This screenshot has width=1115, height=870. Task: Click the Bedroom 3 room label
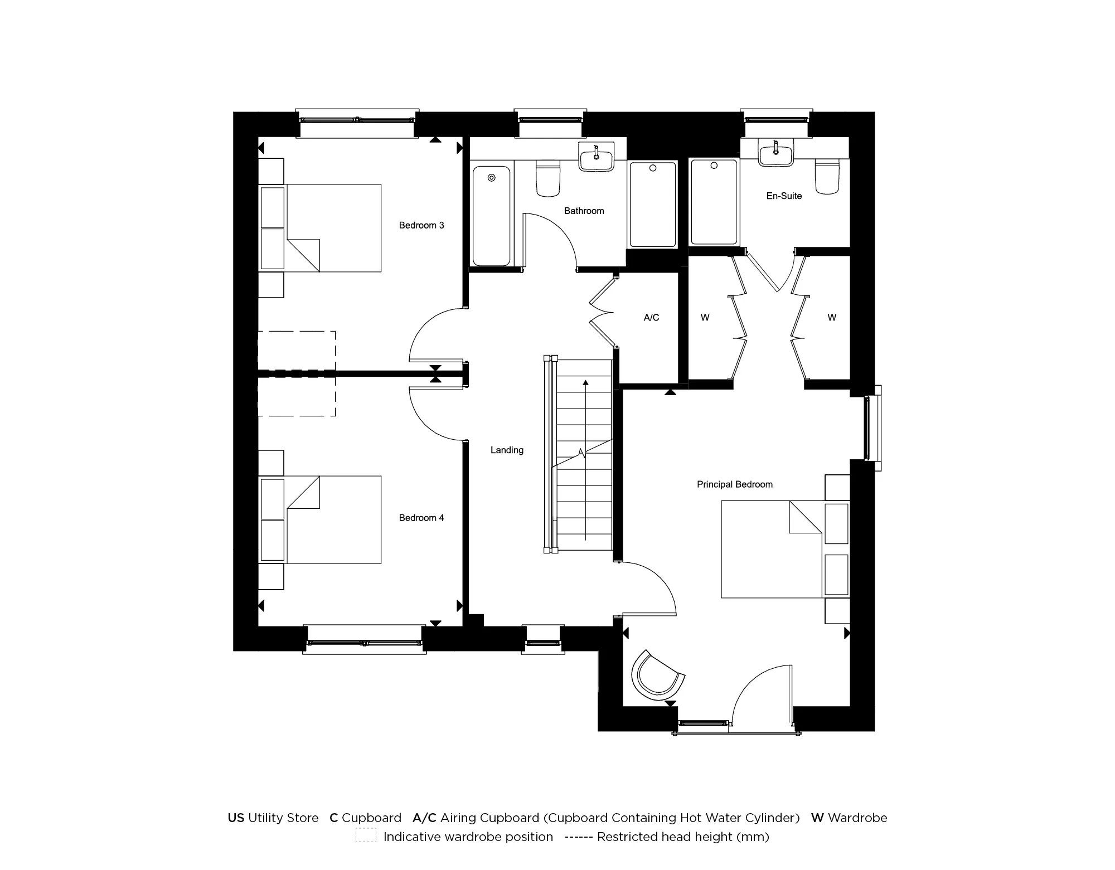421,225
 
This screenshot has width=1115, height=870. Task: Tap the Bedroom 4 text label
421,518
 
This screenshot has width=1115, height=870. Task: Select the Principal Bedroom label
734,484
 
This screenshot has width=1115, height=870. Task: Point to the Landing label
507,450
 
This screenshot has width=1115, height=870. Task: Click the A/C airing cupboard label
651,318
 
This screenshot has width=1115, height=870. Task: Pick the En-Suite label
784,196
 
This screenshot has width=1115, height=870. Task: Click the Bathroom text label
584,211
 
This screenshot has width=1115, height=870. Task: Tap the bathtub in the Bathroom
491,216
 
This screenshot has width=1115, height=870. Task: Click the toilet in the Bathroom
547,178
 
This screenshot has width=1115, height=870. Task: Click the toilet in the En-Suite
827,177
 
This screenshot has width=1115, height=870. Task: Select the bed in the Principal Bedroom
772,549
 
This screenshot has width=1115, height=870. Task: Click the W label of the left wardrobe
705,318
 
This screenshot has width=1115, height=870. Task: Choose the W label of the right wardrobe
832,318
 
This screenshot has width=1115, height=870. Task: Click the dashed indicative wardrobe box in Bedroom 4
296,396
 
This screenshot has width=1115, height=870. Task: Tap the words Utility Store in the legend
283,818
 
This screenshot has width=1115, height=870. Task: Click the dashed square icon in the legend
366,837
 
